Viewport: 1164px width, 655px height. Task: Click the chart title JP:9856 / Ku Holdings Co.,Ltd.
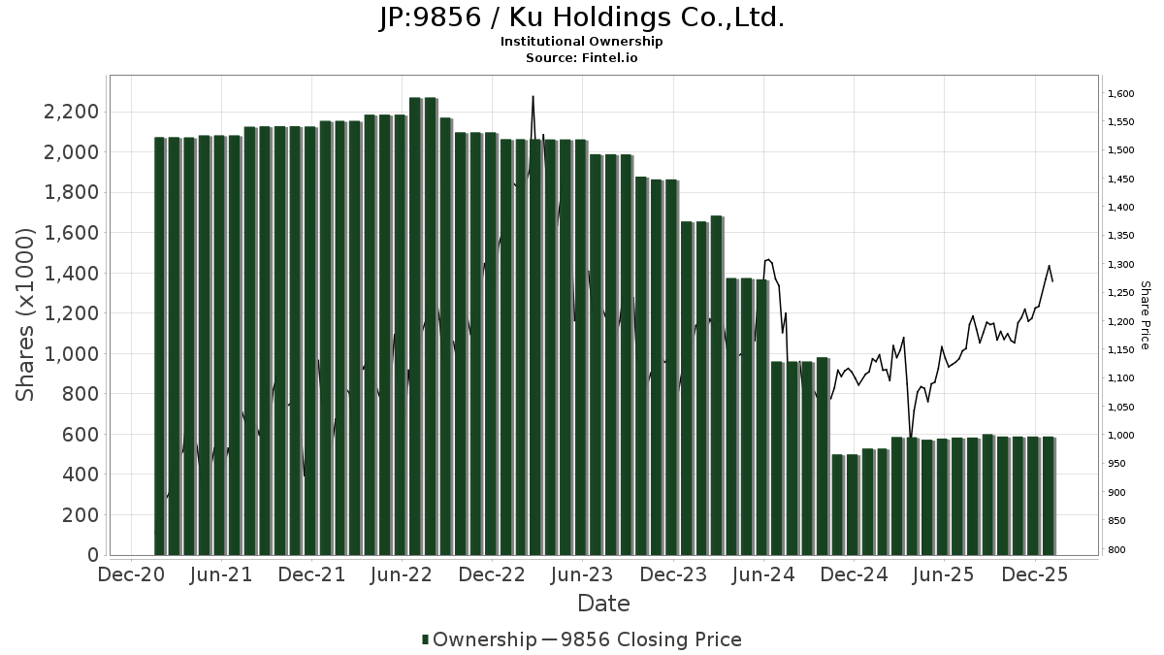581,17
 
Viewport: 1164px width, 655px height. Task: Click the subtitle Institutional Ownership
581,42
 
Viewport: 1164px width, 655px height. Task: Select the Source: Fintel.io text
581,57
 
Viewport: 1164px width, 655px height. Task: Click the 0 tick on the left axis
92,555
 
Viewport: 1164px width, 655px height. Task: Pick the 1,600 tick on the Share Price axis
1120,94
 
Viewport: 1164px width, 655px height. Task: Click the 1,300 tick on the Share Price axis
1120,265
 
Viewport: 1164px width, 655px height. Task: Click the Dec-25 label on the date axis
1035,574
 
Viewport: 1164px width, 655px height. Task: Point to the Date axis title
603,604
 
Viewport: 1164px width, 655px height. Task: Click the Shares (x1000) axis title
26,314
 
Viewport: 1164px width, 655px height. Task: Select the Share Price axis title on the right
1145,314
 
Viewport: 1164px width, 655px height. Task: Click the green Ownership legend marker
425,639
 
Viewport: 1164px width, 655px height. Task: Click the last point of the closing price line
1053,281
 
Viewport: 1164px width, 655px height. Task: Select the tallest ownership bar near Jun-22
415,326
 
